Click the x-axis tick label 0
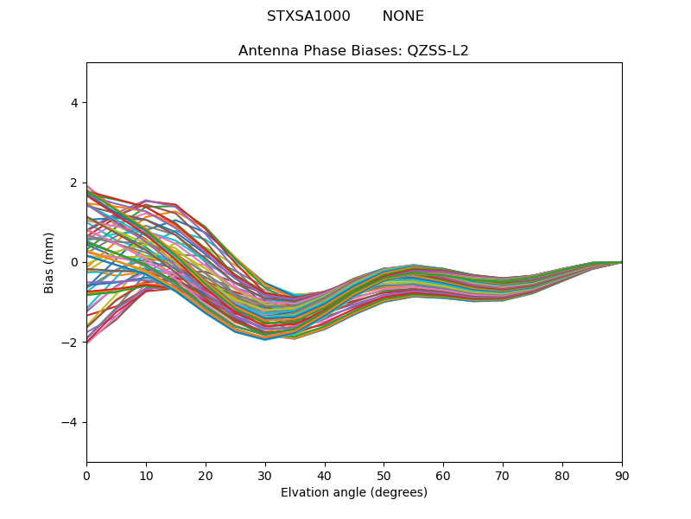86,475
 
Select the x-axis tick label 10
146,475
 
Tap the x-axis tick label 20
206,475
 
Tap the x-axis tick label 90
622,475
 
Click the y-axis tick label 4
74,103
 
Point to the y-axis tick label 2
74,183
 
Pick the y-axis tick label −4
71,422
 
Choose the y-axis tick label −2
71,343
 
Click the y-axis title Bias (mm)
49,262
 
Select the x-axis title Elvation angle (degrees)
354,492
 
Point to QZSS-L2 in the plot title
438,51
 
